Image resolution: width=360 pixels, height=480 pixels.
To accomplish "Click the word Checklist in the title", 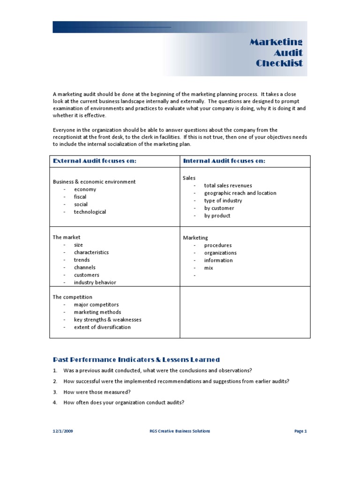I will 279,63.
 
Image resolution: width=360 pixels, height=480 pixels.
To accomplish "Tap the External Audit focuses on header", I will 95,161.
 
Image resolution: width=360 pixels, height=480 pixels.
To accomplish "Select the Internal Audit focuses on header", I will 224,161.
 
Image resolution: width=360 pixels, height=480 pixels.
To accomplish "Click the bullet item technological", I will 90,212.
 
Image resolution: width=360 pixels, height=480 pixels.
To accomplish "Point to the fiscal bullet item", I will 80,197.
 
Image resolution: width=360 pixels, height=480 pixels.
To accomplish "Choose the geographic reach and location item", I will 240,193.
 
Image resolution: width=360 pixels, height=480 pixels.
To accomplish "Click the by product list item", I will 217,216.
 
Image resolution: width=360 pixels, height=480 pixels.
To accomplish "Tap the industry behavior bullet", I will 95,283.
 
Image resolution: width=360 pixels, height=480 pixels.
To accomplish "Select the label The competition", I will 72,297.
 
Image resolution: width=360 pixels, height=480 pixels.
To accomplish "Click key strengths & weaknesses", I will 107,320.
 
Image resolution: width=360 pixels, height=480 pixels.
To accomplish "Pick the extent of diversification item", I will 102,327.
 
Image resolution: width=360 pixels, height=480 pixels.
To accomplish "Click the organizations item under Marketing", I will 220,253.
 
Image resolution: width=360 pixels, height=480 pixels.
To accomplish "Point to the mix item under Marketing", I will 209,268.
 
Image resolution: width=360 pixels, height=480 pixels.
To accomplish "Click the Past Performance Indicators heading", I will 136,360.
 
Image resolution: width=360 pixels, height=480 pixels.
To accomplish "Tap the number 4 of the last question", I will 55,403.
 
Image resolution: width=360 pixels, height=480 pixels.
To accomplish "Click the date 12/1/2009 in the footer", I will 62,431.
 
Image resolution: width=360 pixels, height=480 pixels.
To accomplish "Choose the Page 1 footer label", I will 300,431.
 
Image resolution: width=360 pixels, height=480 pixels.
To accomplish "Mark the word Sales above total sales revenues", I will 189,178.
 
